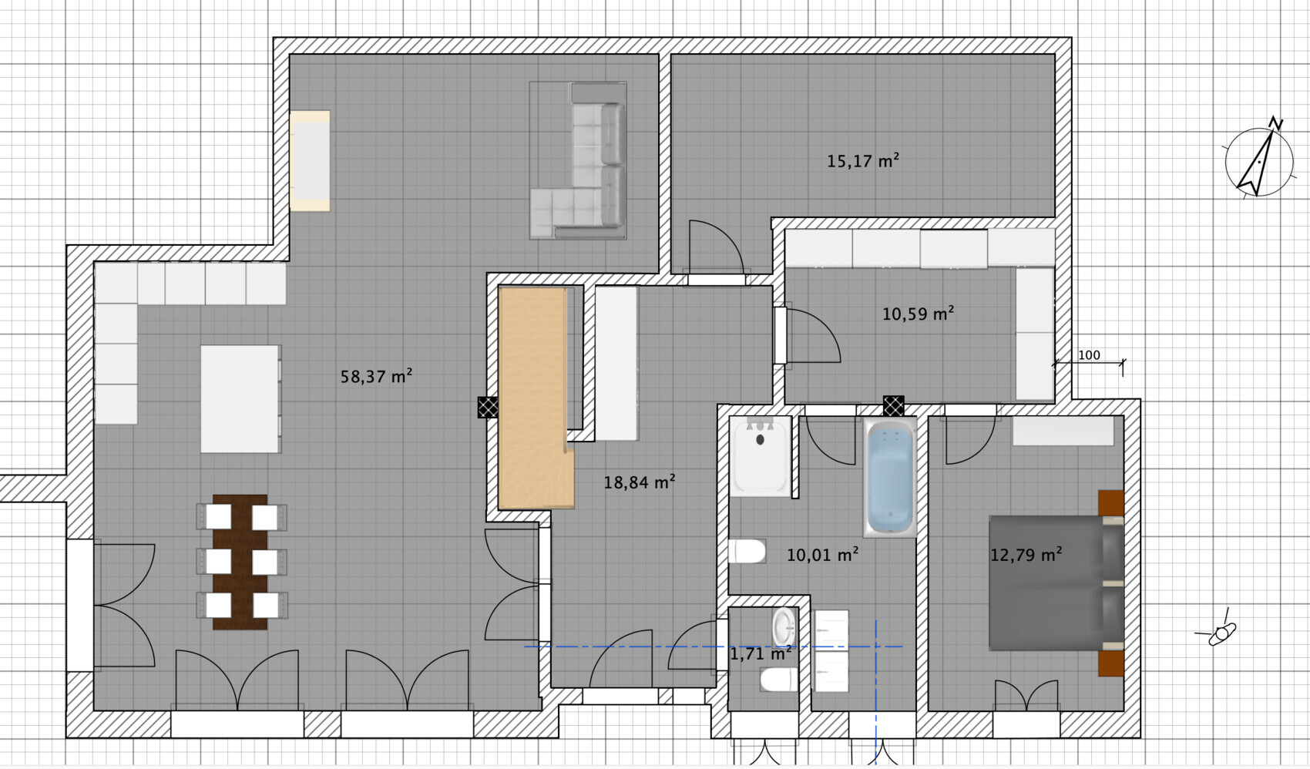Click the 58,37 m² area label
(x=376, y=376)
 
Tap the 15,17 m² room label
(x=862, y=160)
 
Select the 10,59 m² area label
(x=919, y=314)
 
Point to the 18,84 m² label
(x=640, y=482)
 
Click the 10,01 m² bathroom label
(x=822, y=554)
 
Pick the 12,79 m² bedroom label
(x=1026, y=554)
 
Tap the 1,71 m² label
(x=761, y=653)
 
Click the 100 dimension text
(x=1089, y=355)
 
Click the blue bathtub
(x=889, y=477)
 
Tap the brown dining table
(x=240, y=562)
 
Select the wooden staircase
(x=535, y=398)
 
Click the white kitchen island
(x=240, y=399)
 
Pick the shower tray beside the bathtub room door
(x=761, y=456)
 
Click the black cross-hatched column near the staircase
(x=488, y=407)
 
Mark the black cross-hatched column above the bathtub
(x=894, y=406)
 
